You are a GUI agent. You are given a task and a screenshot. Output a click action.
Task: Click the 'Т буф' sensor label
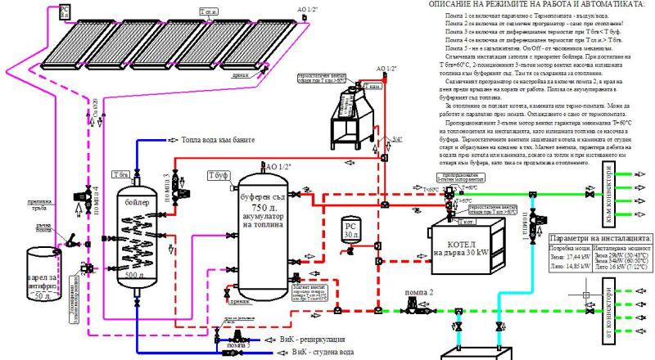coord(218,175)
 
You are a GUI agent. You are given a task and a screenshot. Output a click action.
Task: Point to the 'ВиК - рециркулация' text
coord(323,337)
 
